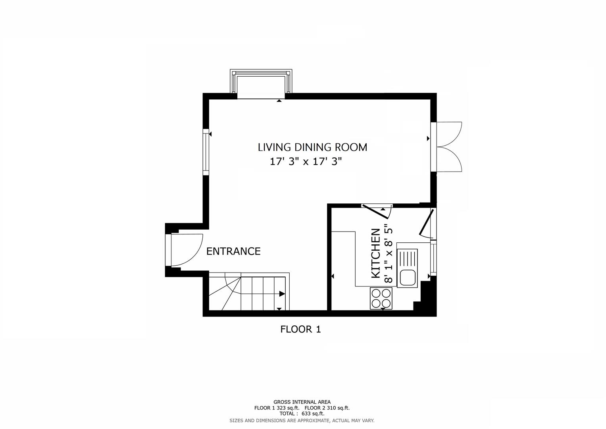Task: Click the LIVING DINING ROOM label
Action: (x=312, y=147)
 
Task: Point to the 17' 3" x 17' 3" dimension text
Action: (x=306, y=162)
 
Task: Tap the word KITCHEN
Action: (x=375, y=253)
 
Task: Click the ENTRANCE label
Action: (x=233, y=251)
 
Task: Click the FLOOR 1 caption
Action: (x=300, y=329)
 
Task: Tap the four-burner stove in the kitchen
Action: (x=381, y=298)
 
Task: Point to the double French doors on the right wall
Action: (x=448, y=147)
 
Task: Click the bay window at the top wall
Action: (x=261, y=84)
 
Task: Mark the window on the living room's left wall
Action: (x=206, y=152)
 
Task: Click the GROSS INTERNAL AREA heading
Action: (x=302, y=402)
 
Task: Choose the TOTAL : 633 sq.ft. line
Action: (x=302, y=414)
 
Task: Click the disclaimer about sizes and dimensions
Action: (x=302, y=420)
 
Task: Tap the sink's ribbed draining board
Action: (x=408, y=259)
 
